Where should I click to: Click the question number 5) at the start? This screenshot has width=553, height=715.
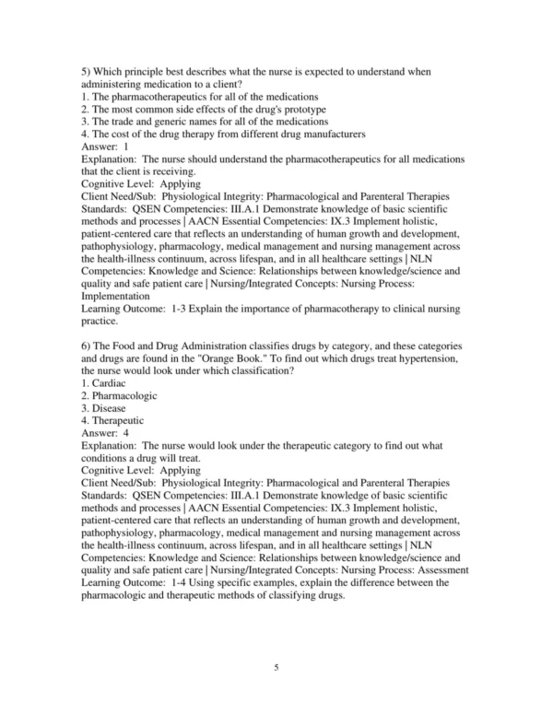[x=87, y=72]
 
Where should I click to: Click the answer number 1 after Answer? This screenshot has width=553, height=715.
[x=125, y=146]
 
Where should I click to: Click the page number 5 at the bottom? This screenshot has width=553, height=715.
[x=276, y=666]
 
